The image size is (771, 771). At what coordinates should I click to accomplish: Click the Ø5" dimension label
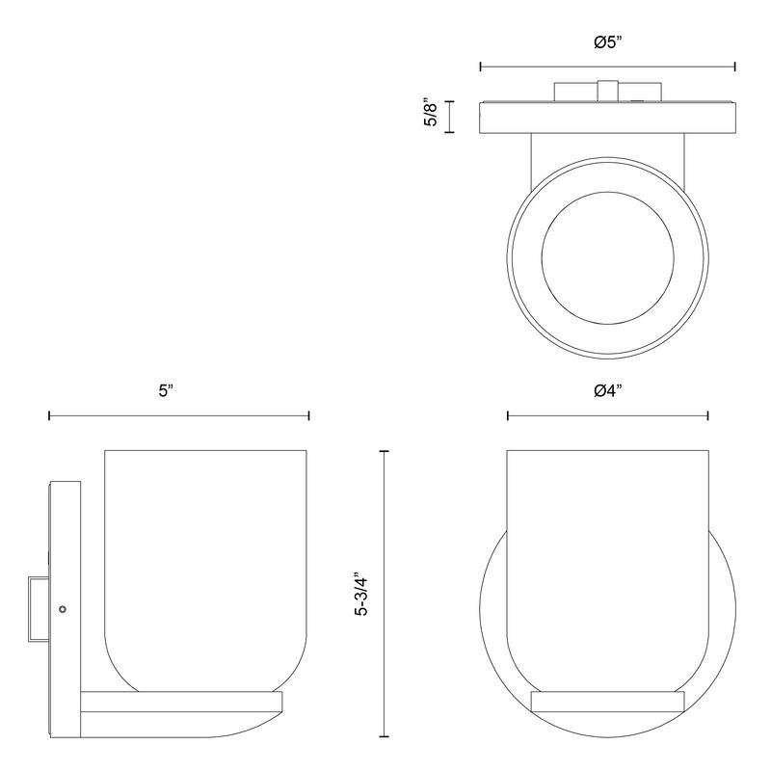pos(608,42)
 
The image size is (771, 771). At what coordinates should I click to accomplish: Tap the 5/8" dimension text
pos(430,115)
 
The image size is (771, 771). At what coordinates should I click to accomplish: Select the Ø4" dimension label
pos(608,391)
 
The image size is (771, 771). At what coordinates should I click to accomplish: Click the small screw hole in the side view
pos(62,609)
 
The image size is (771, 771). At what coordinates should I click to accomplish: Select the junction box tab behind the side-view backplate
pos(39,609)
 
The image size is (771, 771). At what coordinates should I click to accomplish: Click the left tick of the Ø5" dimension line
pos(480,66)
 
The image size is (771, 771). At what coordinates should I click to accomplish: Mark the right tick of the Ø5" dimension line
pos(734,66)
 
